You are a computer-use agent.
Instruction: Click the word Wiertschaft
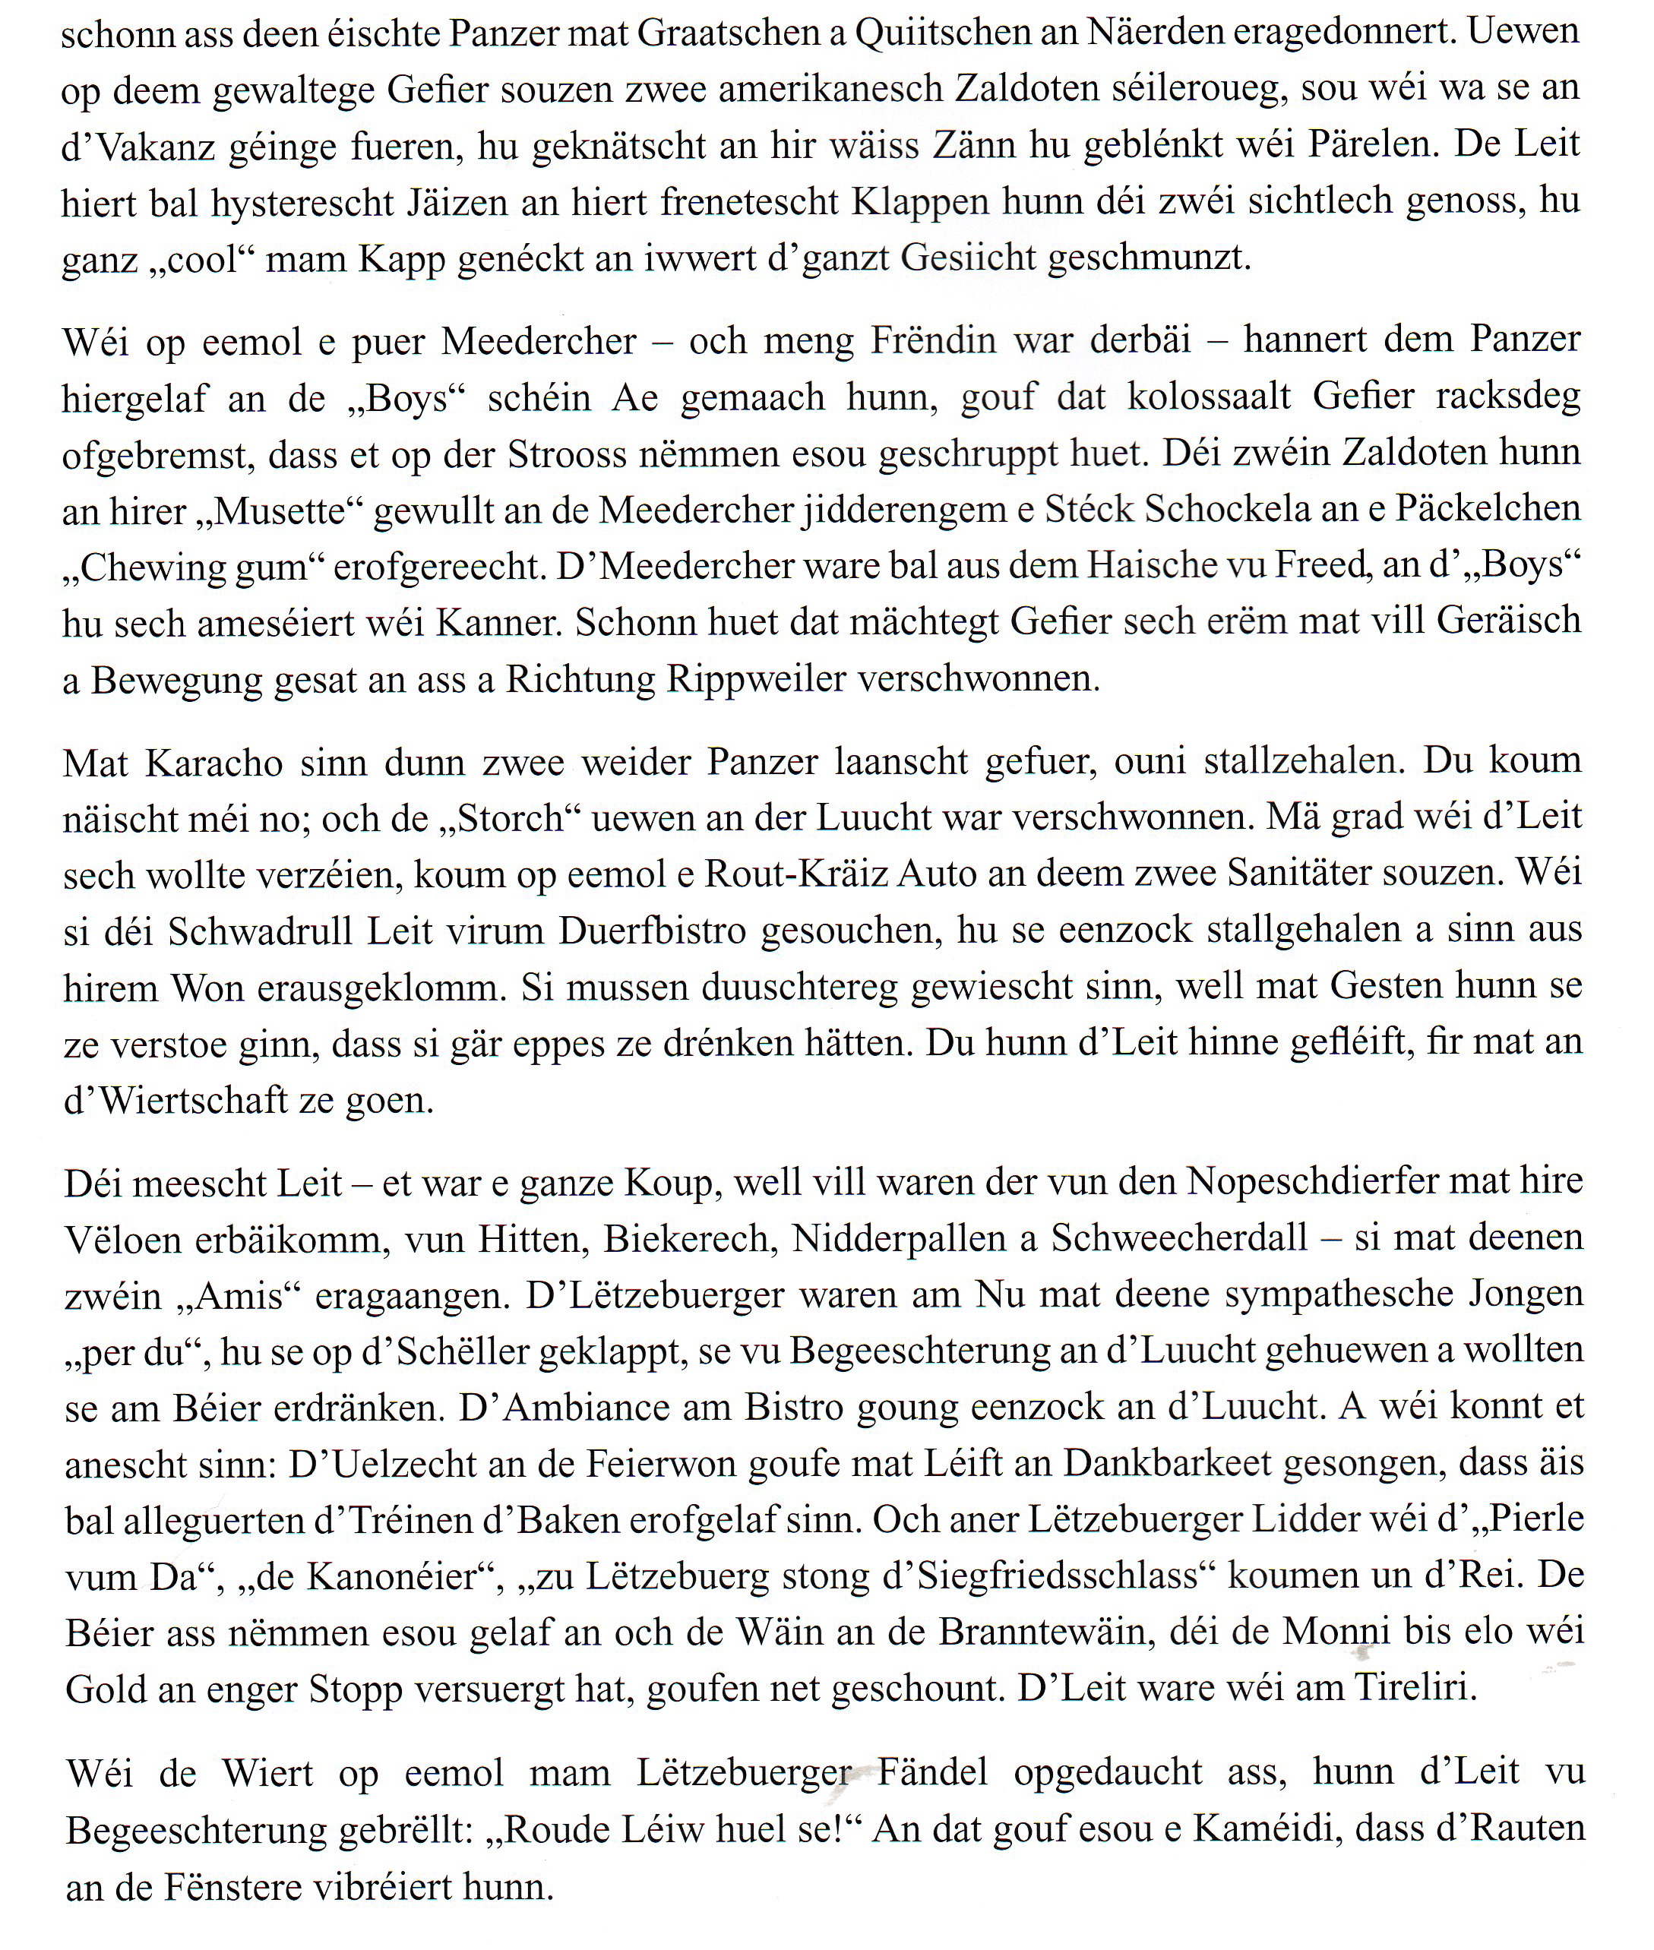coord(193,1100)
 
